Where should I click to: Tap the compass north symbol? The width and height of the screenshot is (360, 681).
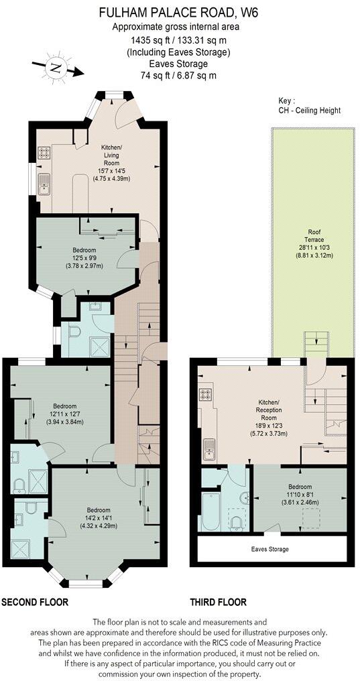(54, 68)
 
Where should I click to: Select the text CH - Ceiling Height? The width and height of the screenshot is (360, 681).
(309, 110)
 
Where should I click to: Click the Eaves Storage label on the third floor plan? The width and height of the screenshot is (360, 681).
(270, 549)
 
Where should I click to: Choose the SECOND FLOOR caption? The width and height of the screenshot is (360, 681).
(35, 602)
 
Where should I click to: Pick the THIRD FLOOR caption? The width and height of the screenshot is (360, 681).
(218, 602)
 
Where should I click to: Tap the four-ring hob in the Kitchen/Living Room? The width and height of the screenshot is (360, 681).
(45, 152)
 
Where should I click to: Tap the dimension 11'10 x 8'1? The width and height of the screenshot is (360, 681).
(300, 494)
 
